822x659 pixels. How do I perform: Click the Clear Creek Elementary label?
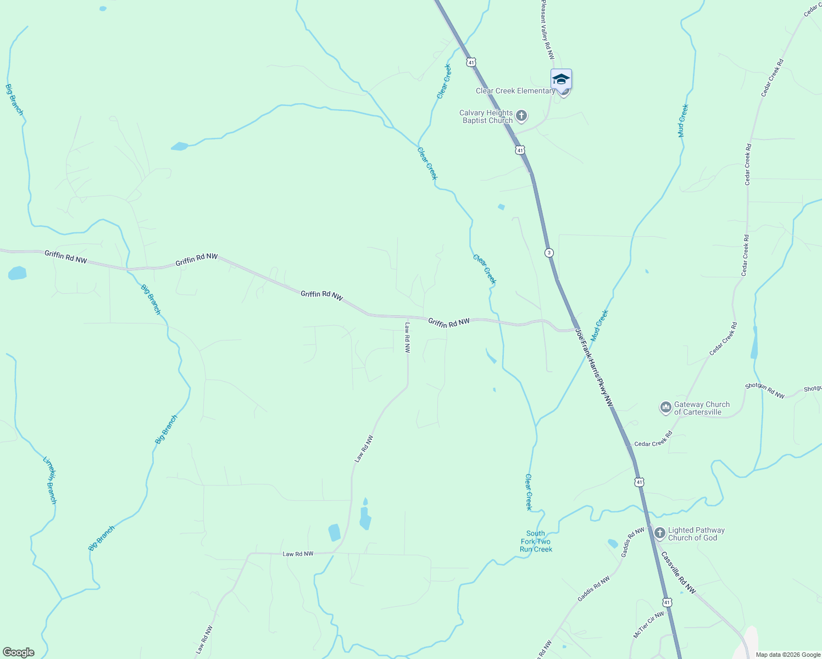tap(515, 91)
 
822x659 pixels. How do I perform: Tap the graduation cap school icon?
tap(561, 80)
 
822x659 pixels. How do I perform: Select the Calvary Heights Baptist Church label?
tap(487, 116)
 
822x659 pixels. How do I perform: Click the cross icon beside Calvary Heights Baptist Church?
tap(521, 116)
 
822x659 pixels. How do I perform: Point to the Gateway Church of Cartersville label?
tap(702, 408)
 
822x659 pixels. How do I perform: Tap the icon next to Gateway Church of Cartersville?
tap(665, 407)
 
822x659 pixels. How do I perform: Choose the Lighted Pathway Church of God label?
tap(696, 534)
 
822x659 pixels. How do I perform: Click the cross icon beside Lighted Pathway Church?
tap(659, 533)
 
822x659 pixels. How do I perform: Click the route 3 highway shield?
tap(549, 253)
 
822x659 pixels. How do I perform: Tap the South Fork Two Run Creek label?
tap(536, 541)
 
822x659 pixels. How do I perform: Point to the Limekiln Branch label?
tap(50, 479)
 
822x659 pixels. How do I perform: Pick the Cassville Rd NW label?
tap(679, 572)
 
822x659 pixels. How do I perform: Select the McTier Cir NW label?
tap(649, 624)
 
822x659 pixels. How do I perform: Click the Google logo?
tap(19, 652)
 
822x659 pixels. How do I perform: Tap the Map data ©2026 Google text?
tap(788, 655)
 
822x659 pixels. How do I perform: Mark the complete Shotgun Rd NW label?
tap(764, 390)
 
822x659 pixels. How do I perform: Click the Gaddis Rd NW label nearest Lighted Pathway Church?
tap(632, 543)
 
